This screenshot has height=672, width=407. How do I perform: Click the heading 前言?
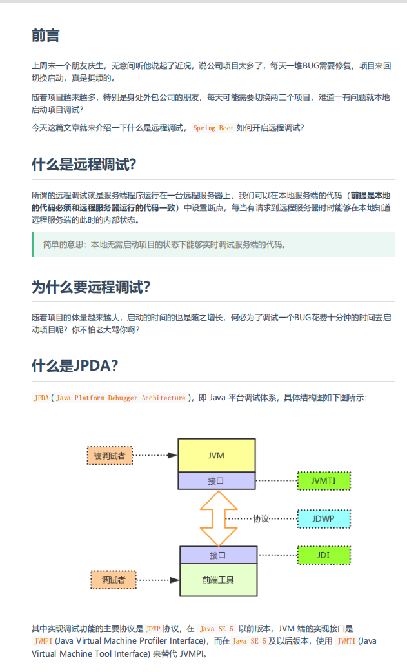[46, 36]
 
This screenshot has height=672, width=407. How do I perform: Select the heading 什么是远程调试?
[84, 165]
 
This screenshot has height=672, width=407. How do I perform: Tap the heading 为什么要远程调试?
[90, 287]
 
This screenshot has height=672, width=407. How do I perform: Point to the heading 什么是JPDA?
[75, 366]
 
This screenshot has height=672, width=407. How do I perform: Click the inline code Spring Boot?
[213, 128]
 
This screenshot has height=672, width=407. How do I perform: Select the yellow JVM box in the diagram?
[217, 455]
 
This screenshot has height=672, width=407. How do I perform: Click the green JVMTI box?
[323, 481]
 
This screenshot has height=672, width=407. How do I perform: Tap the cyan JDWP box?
[323, 518]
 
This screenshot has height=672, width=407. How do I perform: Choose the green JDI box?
[323, 555]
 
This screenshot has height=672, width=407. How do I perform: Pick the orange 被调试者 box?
[109, 456]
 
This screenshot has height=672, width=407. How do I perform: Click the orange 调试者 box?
[114, 580]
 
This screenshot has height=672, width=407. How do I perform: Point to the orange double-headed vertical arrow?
[218, 518]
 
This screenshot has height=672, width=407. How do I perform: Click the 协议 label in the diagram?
[261, 518]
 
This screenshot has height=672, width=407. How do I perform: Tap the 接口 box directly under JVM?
[217, 481]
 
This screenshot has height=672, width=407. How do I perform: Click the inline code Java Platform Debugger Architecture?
[121, 398]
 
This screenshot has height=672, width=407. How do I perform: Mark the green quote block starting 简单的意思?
[213, 245]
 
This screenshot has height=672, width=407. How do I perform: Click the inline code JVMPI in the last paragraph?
[43, 641]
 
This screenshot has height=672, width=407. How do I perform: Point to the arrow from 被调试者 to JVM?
[155, 455]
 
